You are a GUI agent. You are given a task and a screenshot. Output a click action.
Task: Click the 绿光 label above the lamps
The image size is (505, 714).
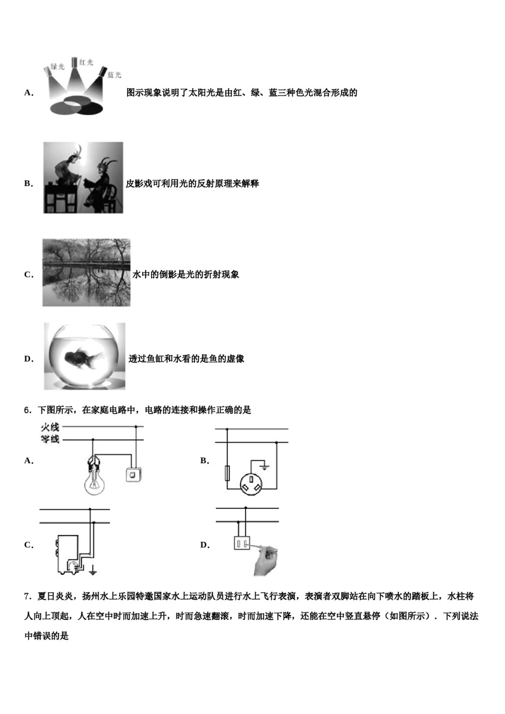pyautogui.click(x=57, y=66)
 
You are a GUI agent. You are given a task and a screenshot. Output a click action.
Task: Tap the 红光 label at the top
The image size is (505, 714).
pyautogui.click(x=86, y=63)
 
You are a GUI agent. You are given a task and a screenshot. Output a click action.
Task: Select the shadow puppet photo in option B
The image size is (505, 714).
pyautogui.click(x=83, y=177)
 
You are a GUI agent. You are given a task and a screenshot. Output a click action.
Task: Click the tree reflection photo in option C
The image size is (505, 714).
pyautogui.click(x=86, y=272)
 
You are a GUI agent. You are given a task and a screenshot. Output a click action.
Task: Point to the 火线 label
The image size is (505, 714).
pyautogui.click(x=50, y=427)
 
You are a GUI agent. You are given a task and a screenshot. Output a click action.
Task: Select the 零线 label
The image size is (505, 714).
pyautogui.click(x=50, y=439)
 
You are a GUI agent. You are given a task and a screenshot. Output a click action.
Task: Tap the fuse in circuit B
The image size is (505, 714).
pyautogui.click(x=228, y=473)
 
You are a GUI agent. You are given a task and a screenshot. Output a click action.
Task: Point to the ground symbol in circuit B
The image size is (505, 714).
pyautogui.click(x=265, y=467)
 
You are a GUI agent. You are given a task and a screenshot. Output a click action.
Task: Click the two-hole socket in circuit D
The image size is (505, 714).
pyautogui.click(x=242, y=543)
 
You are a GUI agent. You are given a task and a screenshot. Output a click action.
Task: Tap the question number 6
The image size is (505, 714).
pyautogui.click(x=27, y=410)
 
